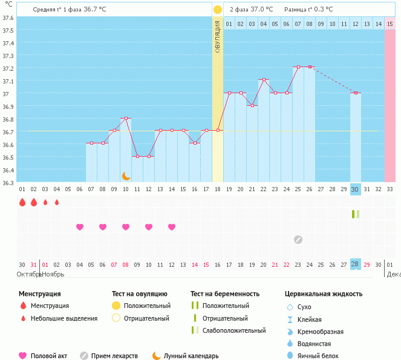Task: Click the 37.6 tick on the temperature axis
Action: (x=8, y=18)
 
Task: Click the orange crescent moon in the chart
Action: (x=126, y=176)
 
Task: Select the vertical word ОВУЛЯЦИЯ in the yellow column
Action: (x=218, y=37)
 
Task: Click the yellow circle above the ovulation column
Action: (x=218, y=10)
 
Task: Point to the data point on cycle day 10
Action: (x=126, y=118)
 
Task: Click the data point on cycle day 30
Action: (x=356, y=93)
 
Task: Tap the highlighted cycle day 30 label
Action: (x=356, y=189)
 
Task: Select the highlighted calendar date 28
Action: (x=356, y=264)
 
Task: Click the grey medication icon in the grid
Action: (x=298, y=239)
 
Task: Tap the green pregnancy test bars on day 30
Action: (x=356, y=214)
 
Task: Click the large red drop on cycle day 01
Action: (x=22, y=202)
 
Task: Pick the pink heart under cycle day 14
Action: (x=172, y=227)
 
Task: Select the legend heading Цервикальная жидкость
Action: (x=324, y=294)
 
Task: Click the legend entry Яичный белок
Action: (x=322, y=356)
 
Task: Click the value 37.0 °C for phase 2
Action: (x=261, y=10)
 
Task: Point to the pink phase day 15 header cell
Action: (x=390, y=24)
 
